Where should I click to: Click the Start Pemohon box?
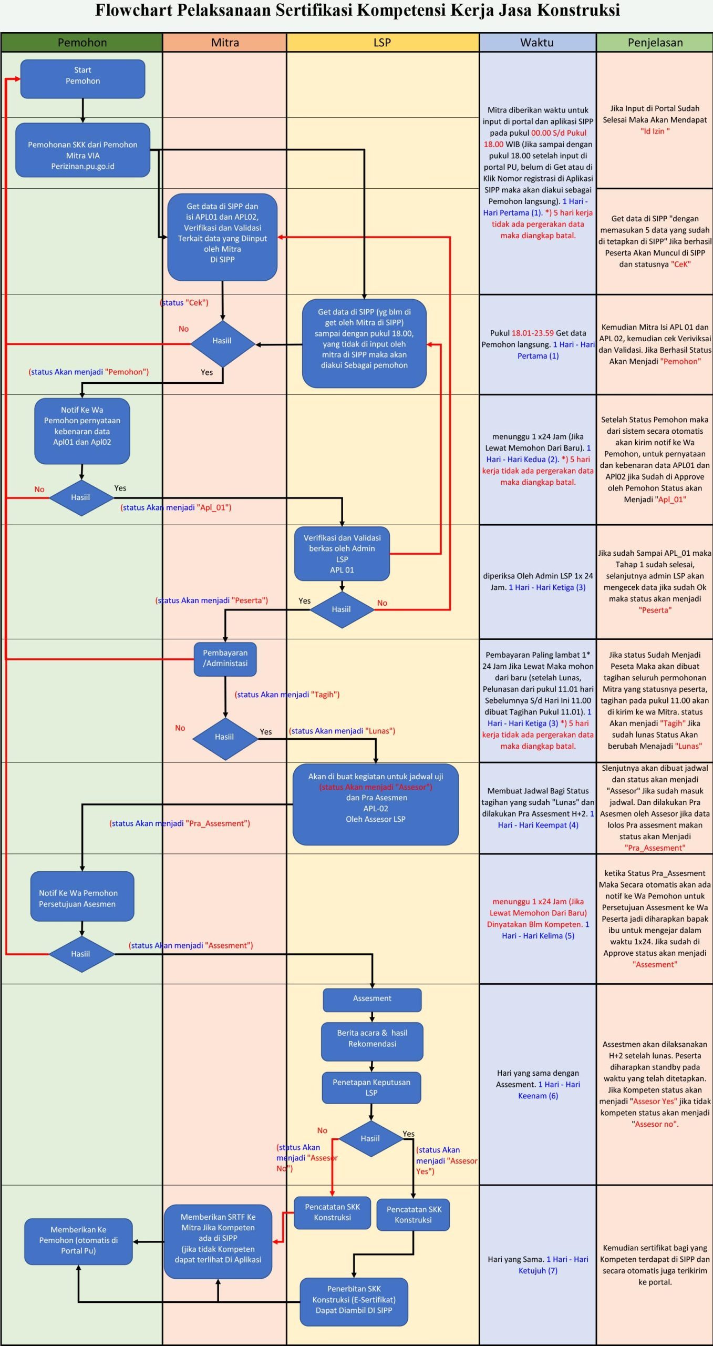pos(82,78)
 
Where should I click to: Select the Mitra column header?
pos(224,43)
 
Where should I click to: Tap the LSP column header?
pos(383,43)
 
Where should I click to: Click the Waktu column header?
pos(538,43)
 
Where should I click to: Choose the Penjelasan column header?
pos(655,43)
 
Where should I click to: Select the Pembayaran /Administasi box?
pos(225,659)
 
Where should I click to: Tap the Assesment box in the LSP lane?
pos(372,1000)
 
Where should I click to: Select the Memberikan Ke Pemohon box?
pos(78,1241)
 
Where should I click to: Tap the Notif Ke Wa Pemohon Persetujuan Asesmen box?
pos(82,899)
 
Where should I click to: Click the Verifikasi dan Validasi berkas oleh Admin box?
pos(342,554)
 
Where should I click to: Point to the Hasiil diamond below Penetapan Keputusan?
pos(370,1138)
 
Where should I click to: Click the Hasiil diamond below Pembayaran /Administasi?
pos(225,737)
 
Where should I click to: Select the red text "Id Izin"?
pos(655,131)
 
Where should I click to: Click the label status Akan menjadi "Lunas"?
pos(342,731)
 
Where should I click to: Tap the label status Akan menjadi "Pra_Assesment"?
pos(180,823)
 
